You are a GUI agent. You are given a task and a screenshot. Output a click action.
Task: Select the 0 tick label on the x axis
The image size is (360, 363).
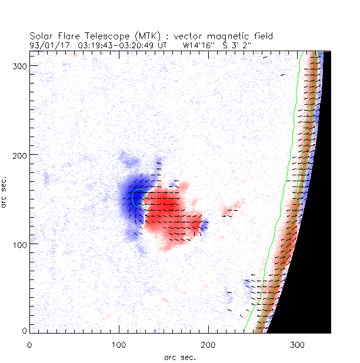point(29,344)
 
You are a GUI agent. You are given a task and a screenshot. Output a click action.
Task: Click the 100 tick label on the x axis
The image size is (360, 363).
point(119,344)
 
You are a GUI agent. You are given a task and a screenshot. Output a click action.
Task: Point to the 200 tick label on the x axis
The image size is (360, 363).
point(208,344)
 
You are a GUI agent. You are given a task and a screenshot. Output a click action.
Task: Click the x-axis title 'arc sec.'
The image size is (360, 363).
point(179,357)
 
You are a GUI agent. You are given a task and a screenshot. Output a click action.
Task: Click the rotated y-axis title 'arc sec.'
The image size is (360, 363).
point(5,191)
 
